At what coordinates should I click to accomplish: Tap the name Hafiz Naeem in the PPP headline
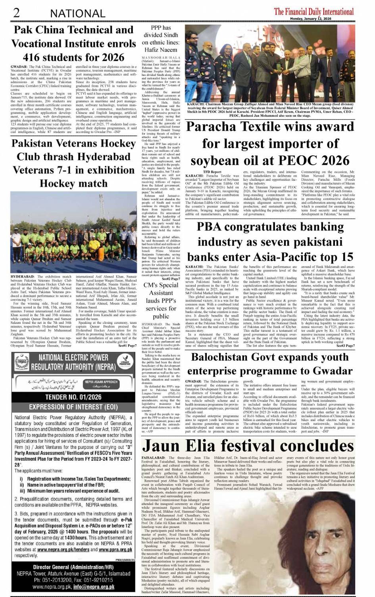click(161, 50)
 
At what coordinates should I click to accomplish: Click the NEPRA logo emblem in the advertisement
click(22, 361)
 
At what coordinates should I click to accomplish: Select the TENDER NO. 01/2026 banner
click(73, 397)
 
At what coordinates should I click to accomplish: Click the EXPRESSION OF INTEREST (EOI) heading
click(73, 407)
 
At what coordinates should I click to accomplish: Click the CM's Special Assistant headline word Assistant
click(161, 293)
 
